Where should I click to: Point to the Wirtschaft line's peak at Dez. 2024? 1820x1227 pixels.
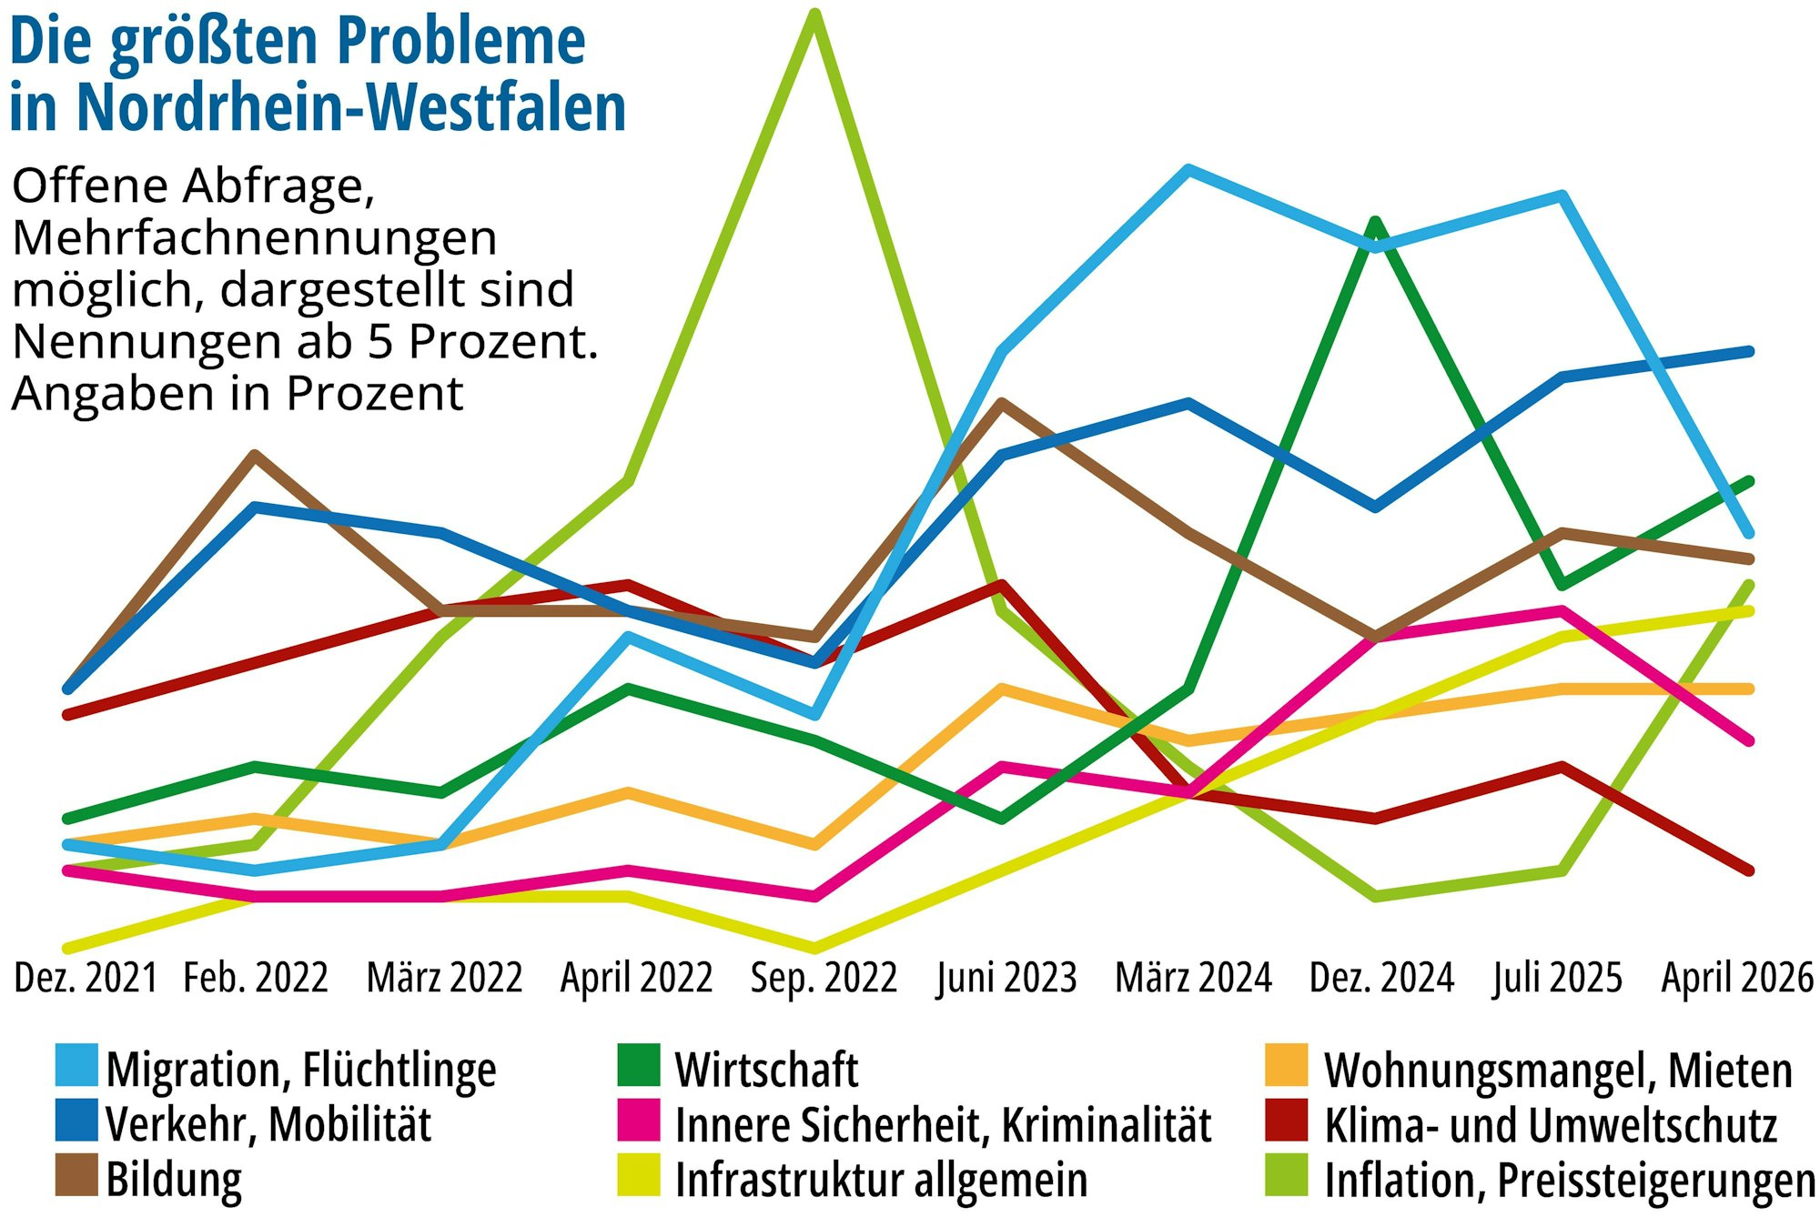point(1375,222)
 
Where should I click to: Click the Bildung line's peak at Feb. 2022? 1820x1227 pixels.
point(255,455)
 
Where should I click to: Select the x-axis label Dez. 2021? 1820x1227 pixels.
point(86,978)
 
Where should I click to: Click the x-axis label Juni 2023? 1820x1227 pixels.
point(1006,978)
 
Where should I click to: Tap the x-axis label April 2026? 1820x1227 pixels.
point(1737,978)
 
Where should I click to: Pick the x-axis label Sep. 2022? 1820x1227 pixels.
point(824,978)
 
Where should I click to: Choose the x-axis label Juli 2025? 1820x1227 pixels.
point(1558,978)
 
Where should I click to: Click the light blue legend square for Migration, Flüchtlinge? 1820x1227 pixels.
point(76,1065)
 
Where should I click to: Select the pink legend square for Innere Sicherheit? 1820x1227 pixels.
point(638,1121)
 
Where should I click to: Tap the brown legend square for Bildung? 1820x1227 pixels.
point(76,1175)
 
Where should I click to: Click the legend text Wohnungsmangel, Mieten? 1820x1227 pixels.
point(1558,1070)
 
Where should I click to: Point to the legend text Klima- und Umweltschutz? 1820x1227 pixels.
point(1550,1125)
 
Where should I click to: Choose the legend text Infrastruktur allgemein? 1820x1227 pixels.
point(881,1180)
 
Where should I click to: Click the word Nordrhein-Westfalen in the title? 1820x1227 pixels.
point(351,107)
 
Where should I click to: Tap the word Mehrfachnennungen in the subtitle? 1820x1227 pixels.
point(255,238)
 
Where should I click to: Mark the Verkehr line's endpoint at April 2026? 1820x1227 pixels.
point(1750,351)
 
